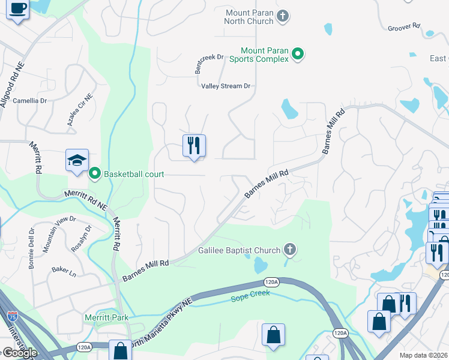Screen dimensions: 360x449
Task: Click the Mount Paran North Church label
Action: click(249, 17)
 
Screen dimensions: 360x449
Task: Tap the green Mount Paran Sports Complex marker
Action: click(297, 55)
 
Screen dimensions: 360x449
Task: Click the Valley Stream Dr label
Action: click(225, 86)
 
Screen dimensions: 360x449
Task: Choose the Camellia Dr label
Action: click(29, 101)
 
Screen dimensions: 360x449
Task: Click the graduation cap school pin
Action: click(77, 160)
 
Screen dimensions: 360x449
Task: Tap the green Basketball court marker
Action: click(94, 174)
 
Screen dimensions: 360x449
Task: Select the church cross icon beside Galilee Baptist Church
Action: click(290, 250)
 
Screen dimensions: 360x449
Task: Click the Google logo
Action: click(19, 352)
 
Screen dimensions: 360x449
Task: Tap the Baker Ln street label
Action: click(64, 272)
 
